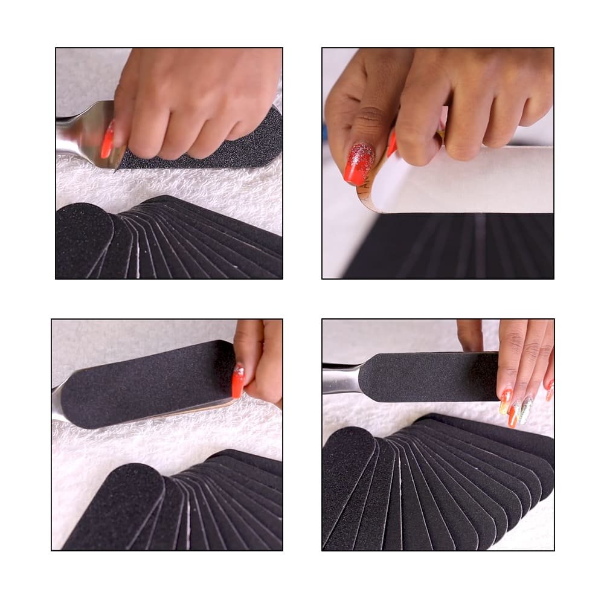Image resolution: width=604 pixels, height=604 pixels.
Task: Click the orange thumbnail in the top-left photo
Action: coord(108,141)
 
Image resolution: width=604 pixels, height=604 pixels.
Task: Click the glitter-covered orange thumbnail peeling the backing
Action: coord(359,163)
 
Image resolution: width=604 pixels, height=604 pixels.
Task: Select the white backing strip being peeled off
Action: coord(471,181)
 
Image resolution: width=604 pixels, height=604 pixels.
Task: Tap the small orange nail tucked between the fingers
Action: coord(392,144)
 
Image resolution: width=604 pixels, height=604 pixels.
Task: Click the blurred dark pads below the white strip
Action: coord(453,248)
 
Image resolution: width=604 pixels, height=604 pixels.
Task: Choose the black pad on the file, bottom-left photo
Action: coord(145,381)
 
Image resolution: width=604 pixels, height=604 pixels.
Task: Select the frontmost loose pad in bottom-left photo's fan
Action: coord(115,507)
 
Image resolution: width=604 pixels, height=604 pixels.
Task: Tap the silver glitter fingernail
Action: coord(526,410)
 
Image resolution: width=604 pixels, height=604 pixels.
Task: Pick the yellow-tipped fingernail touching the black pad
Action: coord(505,402)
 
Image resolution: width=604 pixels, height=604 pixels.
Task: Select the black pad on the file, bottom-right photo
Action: coord(429,376)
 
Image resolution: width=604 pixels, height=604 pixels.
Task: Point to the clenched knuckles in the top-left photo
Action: coord(199,121)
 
